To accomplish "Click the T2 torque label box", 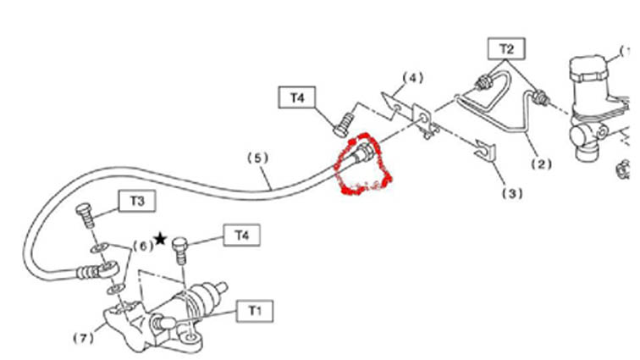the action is coord(506,49).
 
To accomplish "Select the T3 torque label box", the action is coord(137,201).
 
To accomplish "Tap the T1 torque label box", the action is coord(255,311).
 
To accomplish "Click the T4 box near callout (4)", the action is coord(297,97).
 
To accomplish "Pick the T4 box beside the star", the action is coord(242,235).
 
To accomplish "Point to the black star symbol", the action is coord(160,239).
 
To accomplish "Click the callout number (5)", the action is coord(258,158).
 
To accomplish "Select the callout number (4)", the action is coord(412,78).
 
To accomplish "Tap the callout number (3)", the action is coord(512,193).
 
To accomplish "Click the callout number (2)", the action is coord(541,164).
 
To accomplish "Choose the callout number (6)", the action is coord(143,246).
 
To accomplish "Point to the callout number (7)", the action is coord(84,338).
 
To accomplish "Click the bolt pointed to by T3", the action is coord(86,215).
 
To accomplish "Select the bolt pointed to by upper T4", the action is coord(344,125).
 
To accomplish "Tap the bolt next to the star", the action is coord(180,250).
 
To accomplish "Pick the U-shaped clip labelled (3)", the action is coord(485,151).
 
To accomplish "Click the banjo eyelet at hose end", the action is coord(108,268).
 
